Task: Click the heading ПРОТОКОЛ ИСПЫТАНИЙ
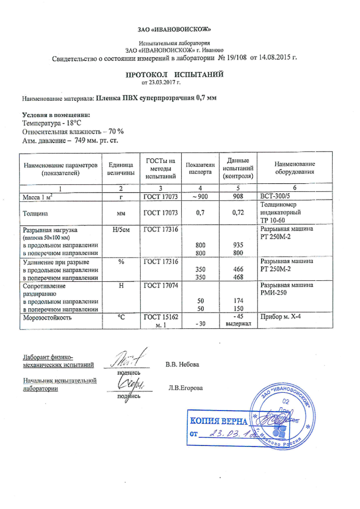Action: (x=175, y=74)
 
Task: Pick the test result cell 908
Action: (x=238, y=196)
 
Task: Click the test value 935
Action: (x=238, y=245)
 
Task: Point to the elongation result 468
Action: (x=238, y=277)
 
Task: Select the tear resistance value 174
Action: (x=238, y=301)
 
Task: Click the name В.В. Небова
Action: (x=182, y=364)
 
